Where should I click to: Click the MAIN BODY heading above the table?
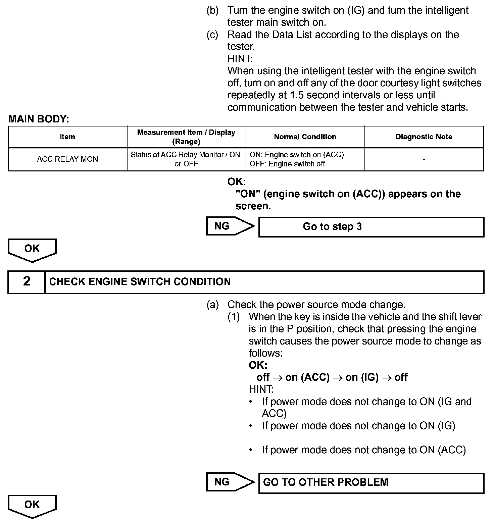(39, 119)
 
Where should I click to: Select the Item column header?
(67, 137)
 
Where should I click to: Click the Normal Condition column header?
(305, 137)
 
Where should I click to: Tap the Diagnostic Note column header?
(424, 137)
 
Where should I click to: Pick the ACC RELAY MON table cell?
(67, 159)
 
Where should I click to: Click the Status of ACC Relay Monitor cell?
(186, 159)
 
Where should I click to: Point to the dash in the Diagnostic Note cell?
(424, 160)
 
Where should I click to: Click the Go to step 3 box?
(371, 227)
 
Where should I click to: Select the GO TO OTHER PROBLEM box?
(371, 483)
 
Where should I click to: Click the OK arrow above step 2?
(32, 250)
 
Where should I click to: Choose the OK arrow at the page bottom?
(32, 506)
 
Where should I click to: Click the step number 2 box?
(27, 282)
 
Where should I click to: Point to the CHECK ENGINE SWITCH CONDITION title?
(140, 282)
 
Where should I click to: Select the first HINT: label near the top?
(240, 59)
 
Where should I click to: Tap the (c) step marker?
(212, 35)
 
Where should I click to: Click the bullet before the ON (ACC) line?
(251, 450)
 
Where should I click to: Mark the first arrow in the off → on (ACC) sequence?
(278, 378)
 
